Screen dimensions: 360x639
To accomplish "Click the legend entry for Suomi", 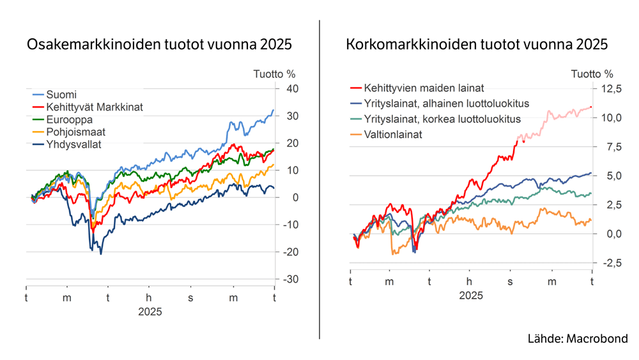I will [x=61, y=95].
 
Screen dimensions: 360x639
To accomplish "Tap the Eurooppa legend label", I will [x=70, y=120].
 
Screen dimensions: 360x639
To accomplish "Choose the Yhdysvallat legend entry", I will [x=74, y=144].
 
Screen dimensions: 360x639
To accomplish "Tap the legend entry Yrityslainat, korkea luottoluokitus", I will [x=442, y=119].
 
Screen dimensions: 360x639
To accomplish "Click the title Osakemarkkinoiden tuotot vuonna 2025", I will [x=158, y=45].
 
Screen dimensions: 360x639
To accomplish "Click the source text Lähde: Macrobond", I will [x=578, y=339].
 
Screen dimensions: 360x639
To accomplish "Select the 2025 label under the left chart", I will [x=150, y=312].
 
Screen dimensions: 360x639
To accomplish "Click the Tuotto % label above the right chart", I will [x=592, y=74].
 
